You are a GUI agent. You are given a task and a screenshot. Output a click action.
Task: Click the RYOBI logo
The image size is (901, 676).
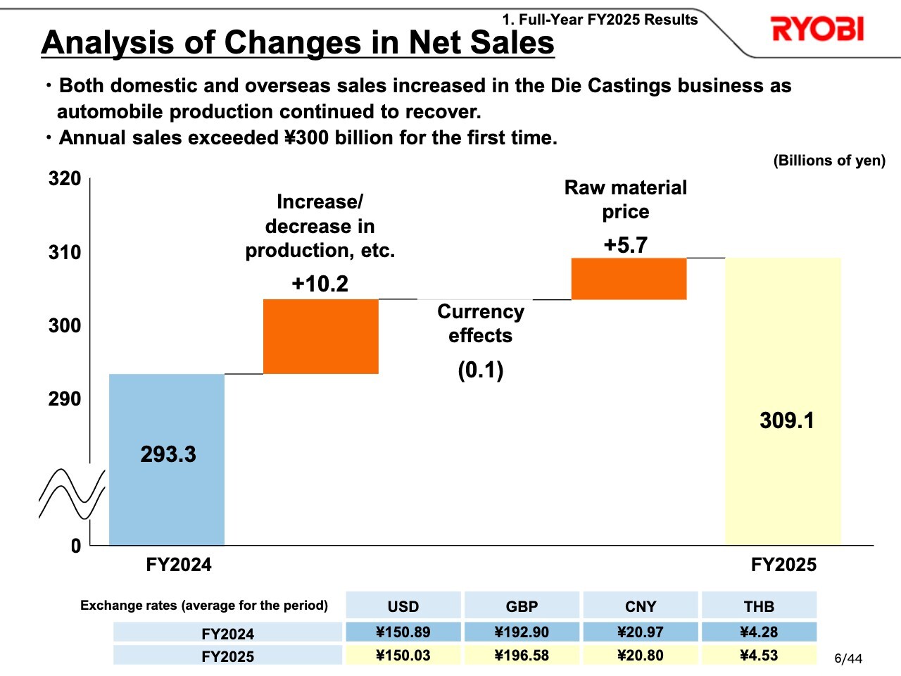pyautogui.click(x=817, y=30)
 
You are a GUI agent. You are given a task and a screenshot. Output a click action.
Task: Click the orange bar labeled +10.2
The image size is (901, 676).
pyautogui.click(x=321, y=337)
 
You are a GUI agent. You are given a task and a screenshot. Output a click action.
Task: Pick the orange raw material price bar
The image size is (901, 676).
pyautogui.click(x=629, y=279)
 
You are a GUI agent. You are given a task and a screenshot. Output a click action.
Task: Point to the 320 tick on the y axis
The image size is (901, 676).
pyautogui.click(x=65, y=179)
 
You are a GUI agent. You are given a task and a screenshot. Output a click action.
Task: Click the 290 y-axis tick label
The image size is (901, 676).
pyautogui.click(x=65, y=399)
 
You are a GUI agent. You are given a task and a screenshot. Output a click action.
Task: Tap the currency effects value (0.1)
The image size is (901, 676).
pyautogui.click(x=481, y=370)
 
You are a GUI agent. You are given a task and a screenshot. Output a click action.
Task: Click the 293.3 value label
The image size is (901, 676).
pyautogui.click(x=168, y=454)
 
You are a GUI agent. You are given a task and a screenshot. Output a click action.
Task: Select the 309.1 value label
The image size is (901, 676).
pyautogui.click(x=787, y=421)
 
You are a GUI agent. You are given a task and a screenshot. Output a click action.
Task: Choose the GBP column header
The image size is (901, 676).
pyautogui.click(x=522, y=606)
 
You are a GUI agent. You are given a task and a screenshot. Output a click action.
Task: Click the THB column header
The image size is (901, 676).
pyautogui.click(x=759, y=606)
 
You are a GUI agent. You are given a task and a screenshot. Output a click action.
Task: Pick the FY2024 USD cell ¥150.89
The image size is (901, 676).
pyautogui.click(x=403, y=632)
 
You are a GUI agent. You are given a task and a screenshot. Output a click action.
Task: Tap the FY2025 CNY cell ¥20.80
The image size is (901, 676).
pyautogui.click(x=640, y=656)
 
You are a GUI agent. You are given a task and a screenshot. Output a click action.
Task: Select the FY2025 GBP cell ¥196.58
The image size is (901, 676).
pyautogui.click(x=522, y=656)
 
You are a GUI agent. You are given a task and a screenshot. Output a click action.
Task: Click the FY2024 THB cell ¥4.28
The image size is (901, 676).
pyautogui.click(x=759, y=632)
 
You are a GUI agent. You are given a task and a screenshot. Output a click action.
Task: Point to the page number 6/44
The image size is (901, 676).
pyautogui.click(x=848, y=659)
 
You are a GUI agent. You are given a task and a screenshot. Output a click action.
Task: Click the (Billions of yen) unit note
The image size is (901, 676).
pyautogui.click(x=829, y=161)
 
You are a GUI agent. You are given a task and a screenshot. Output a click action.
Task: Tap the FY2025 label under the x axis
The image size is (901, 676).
pyautogui.click(x=783, y=565)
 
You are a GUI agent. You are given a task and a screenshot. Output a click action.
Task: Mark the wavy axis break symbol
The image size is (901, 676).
pyautogui.click(x=72, y=494)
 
